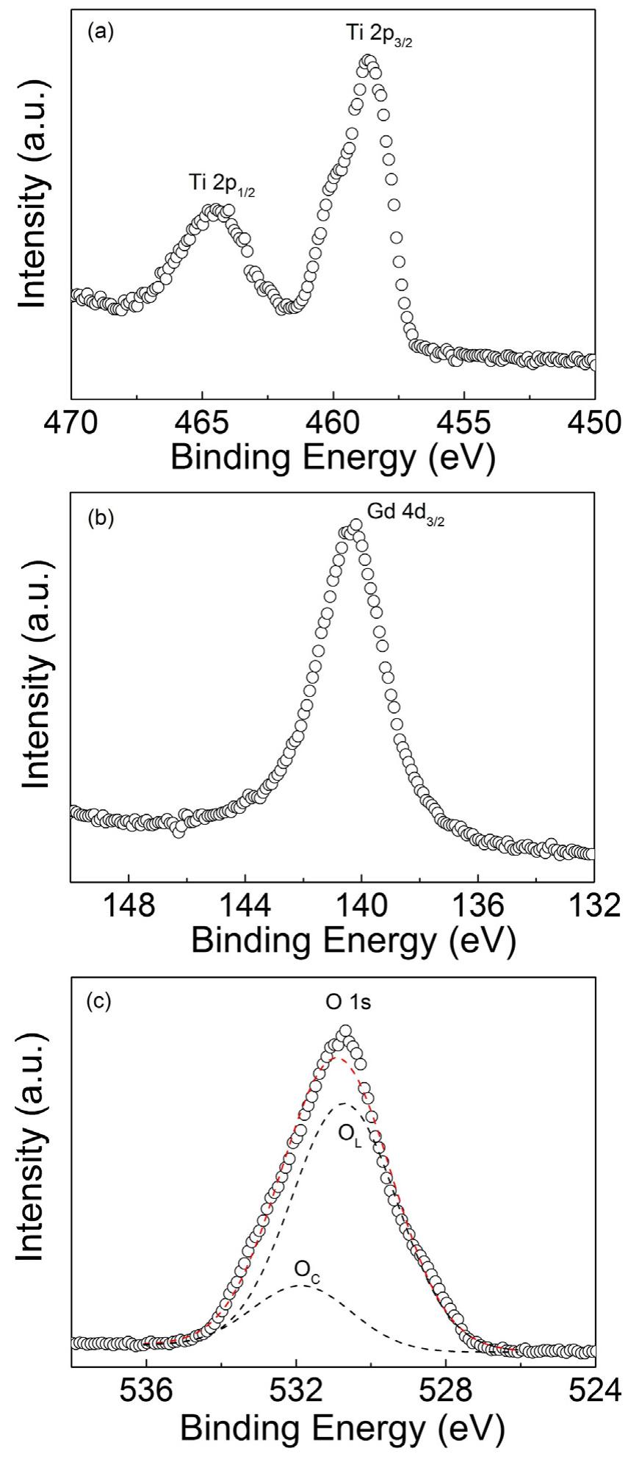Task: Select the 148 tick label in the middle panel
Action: pyautogui.click(x=129, y=906)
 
